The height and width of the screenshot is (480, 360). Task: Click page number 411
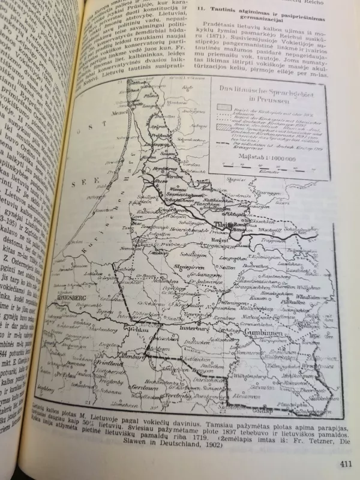click(x=329, y=463)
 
